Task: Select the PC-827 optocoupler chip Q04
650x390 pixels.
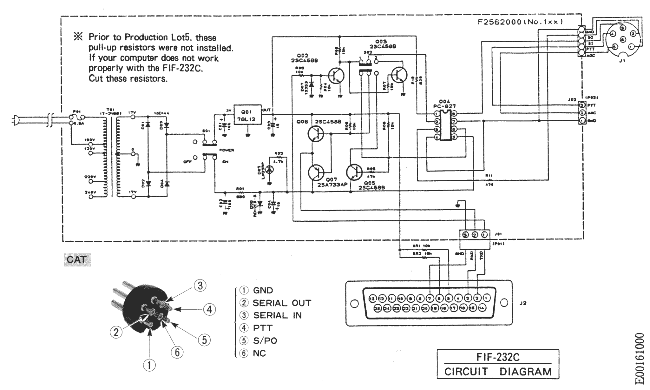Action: tap(445, 125)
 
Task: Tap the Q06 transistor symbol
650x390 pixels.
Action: tap(316, 134)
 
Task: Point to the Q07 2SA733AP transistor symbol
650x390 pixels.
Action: tap(316, 172)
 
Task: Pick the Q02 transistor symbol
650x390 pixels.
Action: tap(336, 76)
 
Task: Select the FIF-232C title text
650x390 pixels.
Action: tap(498, 357)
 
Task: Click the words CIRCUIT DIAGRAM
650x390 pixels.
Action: tap(498, 371)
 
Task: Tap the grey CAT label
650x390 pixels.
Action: tap(77, 260)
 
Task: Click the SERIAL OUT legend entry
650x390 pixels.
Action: tap(281, 303)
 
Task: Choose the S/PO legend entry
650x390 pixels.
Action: tap(265, 341)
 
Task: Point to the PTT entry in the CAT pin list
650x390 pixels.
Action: tap(262, 328)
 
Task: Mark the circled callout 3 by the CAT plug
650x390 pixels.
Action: tap(200, 286)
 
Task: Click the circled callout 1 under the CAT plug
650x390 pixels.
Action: tap(149, 365)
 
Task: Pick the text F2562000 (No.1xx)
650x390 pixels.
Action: tap(520, 22)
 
